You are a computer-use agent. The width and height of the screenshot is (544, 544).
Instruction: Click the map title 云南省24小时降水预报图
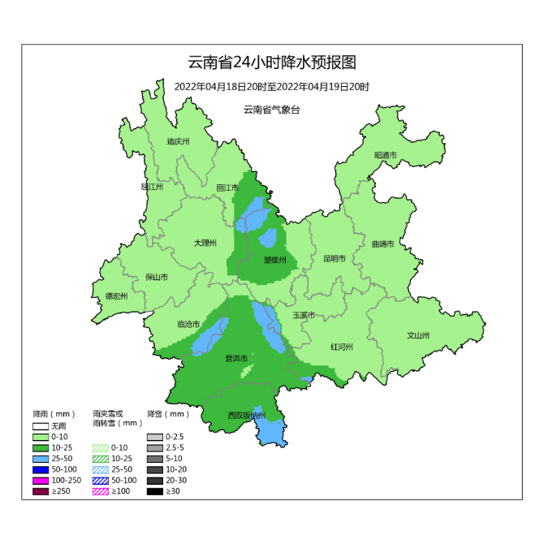pos(272,63)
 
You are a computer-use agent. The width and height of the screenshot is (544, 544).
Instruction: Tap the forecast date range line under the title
pos(272,87)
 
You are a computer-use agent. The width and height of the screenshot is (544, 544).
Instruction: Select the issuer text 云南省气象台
pos(271,110)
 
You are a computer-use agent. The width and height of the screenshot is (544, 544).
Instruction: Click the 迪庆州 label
pos(178,141)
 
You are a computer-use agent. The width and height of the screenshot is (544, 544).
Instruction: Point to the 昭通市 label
pos(386,155)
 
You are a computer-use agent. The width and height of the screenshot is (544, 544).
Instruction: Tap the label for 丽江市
pos(227,188)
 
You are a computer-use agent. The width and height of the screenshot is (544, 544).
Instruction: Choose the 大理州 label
pos(205,243)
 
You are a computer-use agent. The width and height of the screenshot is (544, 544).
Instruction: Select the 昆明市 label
pos(335,259)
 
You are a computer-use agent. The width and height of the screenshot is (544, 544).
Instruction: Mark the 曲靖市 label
pos(382,244)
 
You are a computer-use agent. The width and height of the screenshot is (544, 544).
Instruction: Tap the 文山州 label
pos(418,335)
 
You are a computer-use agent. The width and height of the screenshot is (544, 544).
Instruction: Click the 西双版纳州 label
pos(247,416)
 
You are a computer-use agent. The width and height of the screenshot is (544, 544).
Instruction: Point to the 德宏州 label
pos(117,296)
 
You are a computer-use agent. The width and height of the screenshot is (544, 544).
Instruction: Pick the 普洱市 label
pos(236,358)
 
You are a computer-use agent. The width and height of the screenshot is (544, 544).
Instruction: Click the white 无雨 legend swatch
pos(41,425)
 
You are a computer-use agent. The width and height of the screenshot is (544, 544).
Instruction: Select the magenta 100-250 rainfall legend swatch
pos(41,481)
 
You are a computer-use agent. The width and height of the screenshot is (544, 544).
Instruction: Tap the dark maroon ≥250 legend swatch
pos(41,492)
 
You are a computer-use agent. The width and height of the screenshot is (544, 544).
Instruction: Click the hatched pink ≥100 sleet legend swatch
pos(100,492)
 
